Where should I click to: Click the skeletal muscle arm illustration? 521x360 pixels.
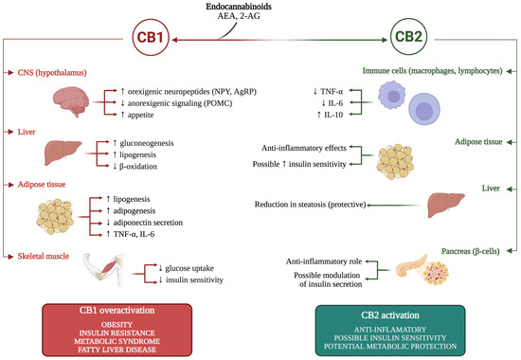(103, 270)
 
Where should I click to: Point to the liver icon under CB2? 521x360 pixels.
(446, 205)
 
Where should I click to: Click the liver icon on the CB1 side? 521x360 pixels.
(63, 153)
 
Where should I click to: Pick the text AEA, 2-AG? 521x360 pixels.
(239, 15)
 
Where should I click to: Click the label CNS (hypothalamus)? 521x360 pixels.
(52, 72)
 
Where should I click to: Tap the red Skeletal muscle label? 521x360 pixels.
(44, 256)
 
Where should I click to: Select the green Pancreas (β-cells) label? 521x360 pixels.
(471, 251)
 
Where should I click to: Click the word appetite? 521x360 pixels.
(140, 115)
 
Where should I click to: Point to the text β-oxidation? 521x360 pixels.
(138, 166)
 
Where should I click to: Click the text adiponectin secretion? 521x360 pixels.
(148, 223)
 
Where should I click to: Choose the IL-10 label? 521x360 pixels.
(333, 115)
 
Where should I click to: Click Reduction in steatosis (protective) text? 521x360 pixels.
(311, 205)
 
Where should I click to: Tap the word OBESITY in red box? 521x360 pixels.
(117, 324)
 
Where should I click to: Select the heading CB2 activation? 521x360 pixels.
(390, 315)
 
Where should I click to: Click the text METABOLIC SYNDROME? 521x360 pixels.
(117, 341)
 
